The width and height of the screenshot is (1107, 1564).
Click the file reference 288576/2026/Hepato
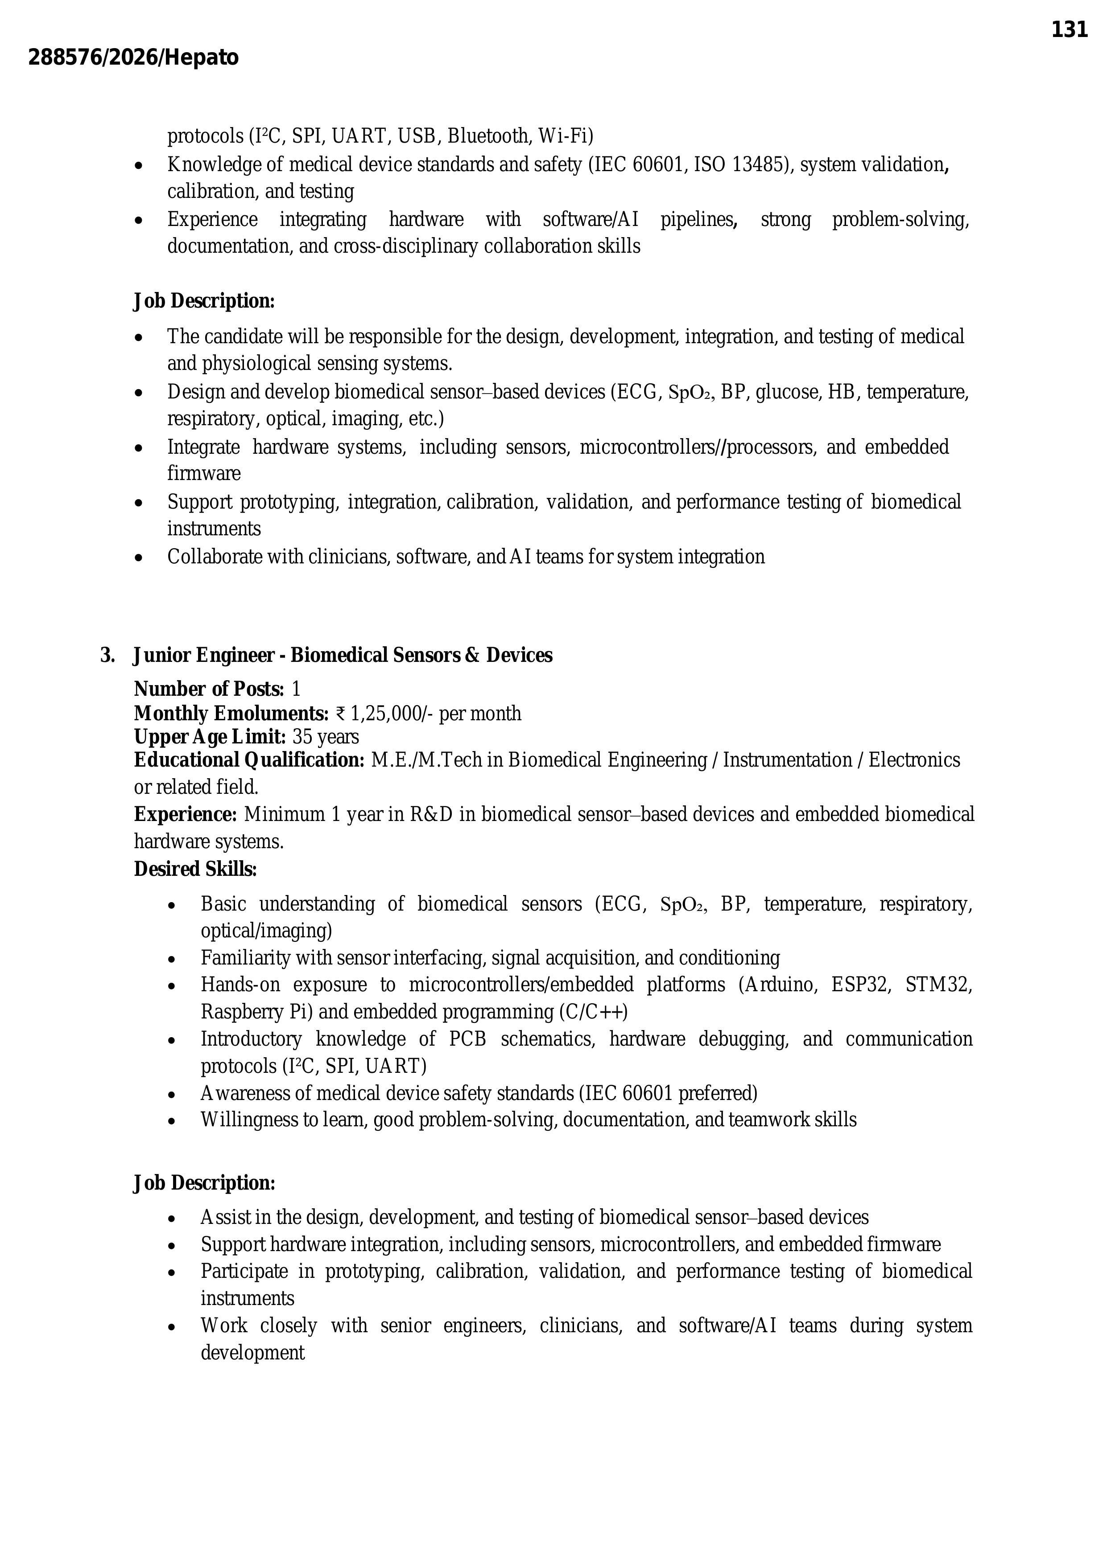pyautogui.click(x=134, y=58)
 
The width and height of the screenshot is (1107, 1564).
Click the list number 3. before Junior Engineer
pyautogui.click(x=107, y=655)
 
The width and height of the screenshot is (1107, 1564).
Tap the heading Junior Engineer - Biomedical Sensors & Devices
pyautogui.click(x=343, y=655)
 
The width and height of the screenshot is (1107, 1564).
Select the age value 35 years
pyautogui.click(x=325, y=737)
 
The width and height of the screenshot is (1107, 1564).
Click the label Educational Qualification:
pyautogui.click(x=249, y=760)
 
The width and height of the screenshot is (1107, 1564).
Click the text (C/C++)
pyautogui.click(x=593, y=1012)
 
